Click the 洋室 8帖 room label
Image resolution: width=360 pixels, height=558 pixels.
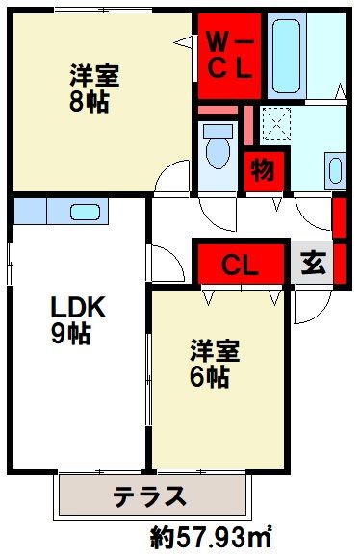[x=88, y=87]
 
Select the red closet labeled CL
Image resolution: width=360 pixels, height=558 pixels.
[x=241, y=264]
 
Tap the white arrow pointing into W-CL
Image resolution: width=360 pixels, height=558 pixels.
[x=183, y=42]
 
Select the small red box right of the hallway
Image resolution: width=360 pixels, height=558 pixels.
[x=338, y=217]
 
